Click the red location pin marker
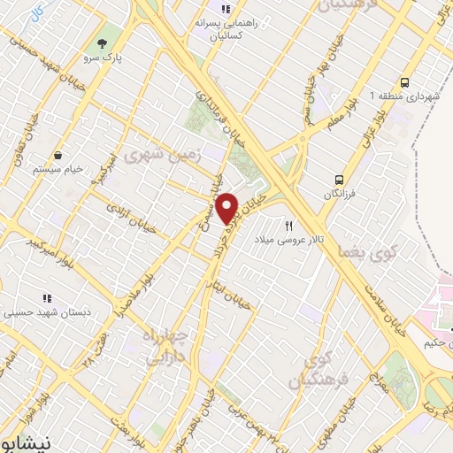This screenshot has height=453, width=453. point(227,208)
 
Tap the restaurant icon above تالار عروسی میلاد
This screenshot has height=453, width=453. point(288,226)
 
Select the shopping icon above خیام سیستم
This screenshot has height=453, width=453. point(58,154)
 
